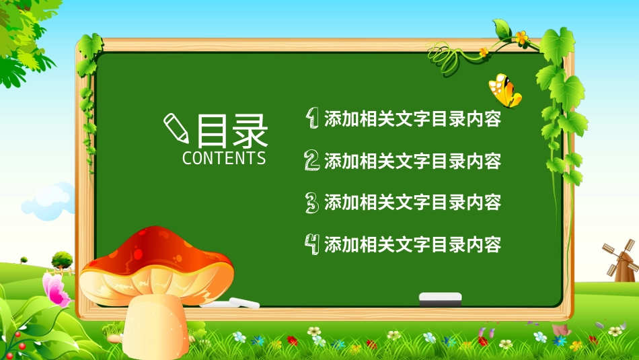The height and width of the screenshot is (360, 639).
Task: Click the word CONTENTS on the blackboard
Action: pyautogui.click(x=224, y=158)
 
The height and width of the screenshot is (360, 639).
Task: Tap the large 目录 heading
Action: pyautogui.click(x=232, y=131)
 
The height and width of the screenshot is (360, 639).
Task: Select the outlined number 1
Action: pyautogui.click(x=312, y=118)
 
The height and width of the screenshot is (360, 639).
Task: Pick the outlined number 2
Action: pyautogui.click(x=311, y=160)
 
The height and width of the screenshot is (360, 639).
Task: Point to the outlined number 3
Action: pyautogui.click(x=311, y=202)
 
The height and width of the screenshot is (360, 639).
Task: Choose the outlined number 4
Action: pyautogui.click(x=312, y=243)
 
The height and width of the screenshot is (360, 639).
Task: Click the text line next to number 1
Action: pyautogui.click(x=412, y=120)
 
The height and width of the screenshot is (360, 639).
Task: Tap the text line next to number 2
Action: pyautogui.click(x=412, y=161)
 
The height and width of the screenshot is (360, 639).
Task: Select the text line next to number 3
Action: pyautogui.click(x=412, y=203)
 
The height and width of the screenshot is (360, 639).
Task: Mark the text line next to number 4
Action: pyautogui.click(x=412, y=244)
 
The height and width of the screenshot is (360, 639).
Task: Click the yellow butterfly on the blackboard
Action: pyautogui.click(x=505, y=90)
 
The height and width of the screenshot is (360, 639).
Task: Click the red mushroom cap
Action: pyautogui.click(x=159, y=259)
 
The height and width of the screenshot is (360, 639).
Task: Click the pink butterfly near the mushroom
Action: pyautogui.click(x=55, y=289)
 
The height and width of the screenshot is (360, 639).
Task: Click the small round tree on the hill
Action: pyautogui.click(x=62, y=258)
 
